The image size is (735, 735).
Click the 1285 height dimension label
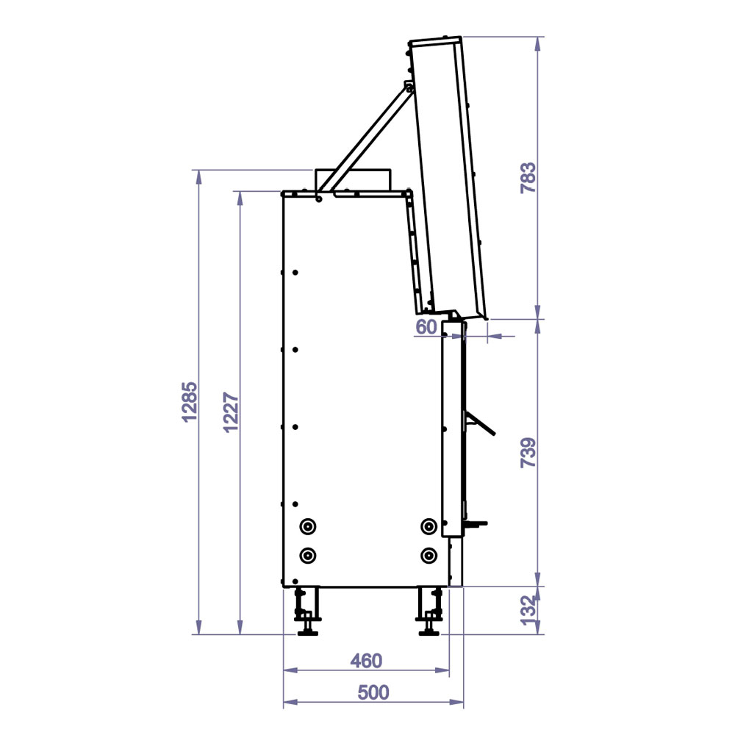click(190, 402)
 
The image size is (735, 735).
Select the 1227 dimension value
click(231, 412)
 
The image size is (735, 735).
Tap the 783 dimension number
click(528, 178)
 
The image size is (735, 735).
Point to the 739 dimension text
click(528, 453)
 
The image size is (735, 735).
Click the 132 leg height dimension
click(528, 610)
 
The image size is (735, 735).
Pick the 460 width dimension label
click(366, 661)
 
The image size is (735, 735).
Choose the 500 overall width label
click(373, 692)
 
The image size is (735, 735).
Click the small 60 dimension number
click(426, 327)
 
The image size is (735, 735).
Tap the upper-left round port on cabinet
click(307, 526)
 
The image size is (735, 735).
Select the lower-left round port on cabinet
click(307, 556)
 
